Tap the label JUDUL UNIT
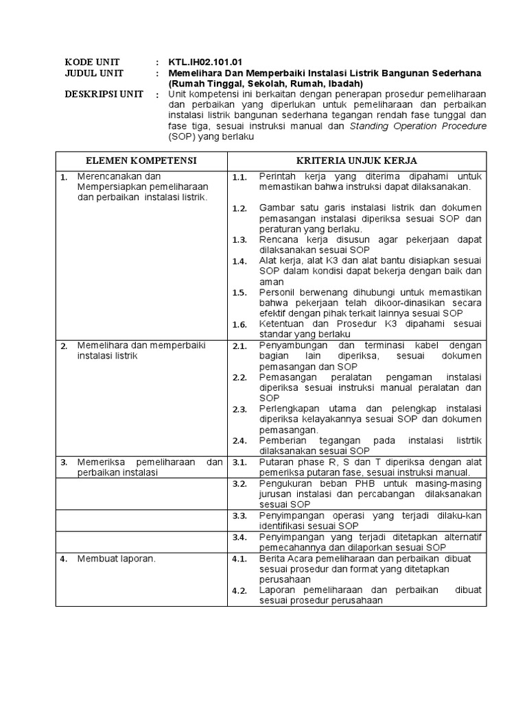point(90,73)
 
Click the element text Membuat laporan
point(117,559)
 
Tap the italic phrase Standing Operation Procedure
point(409,126)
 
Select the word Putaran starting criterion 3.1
point(276,462)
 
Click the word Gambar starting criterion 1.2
point(277,208)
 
